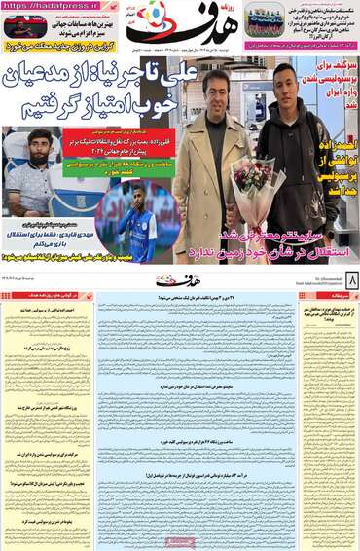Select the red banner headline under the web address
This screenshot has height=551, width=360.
[54, 45]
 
